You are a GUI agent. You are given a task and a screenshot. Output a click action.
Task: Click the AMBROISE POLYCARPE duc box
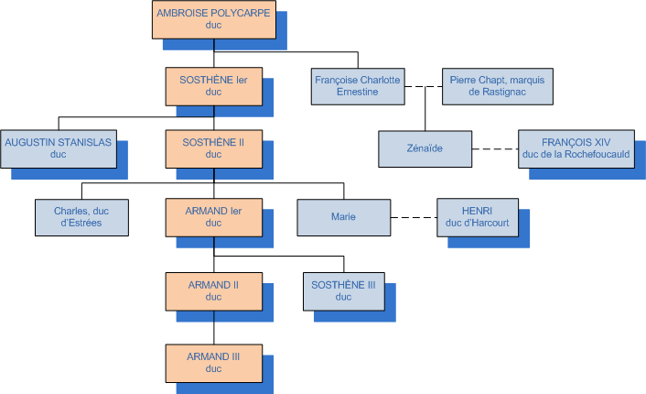[x=213, y=19]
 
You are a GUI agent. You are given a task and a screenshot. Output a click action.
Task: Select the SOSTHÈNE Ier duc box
[x=214, y=86]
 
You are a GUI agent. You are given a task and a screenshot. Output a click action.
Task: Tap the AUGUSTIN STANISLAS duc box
[x=59, y=148]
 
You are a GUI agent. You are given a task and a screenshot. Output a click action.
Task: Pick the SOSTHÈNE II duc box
[x=214, y=148]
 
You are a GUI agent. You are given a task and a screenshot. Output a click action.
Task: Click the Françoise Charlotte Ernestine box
[x=358, y=86]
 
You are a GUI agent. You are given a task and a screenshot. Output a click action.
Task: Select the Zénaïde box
[x=425, y=148]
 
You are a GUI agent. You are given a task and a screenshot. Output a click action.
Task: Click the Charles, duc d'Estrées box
[x=81, y=216]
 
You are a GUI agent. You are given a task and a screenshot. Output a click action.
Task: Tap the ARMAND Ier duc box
[x=214, y=216]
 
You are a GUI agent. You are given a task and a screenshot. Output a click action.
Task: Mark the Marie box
[x=343, y=216]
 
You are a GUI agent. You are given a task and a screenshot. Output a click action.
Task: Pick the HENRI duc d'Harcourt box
[x=477, y=216]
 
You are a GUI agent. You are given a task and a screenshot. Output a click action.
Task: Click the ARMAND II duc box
[x=214, y=290]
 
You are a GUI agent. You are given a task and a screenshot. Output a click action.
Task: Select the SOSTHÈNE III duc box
[x=343, y=290]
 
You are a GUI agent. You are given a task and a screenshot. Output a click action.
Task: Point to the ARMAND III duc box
[x=214, y=362]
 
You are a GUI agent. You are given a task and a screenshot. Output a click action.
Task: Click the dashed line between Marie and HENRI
[x=413, y=217]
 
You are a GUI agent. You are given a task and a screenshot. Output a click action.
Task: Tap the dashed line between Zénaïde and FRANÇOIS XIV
[x=494, y=148]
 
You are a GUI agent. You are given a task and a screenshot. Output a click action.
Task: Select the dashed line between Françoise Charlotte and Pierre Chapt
[x=422, y=87]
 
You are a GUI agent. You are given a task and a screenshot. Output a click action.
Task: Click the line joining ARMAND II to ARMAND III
[x=214, y=327]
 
